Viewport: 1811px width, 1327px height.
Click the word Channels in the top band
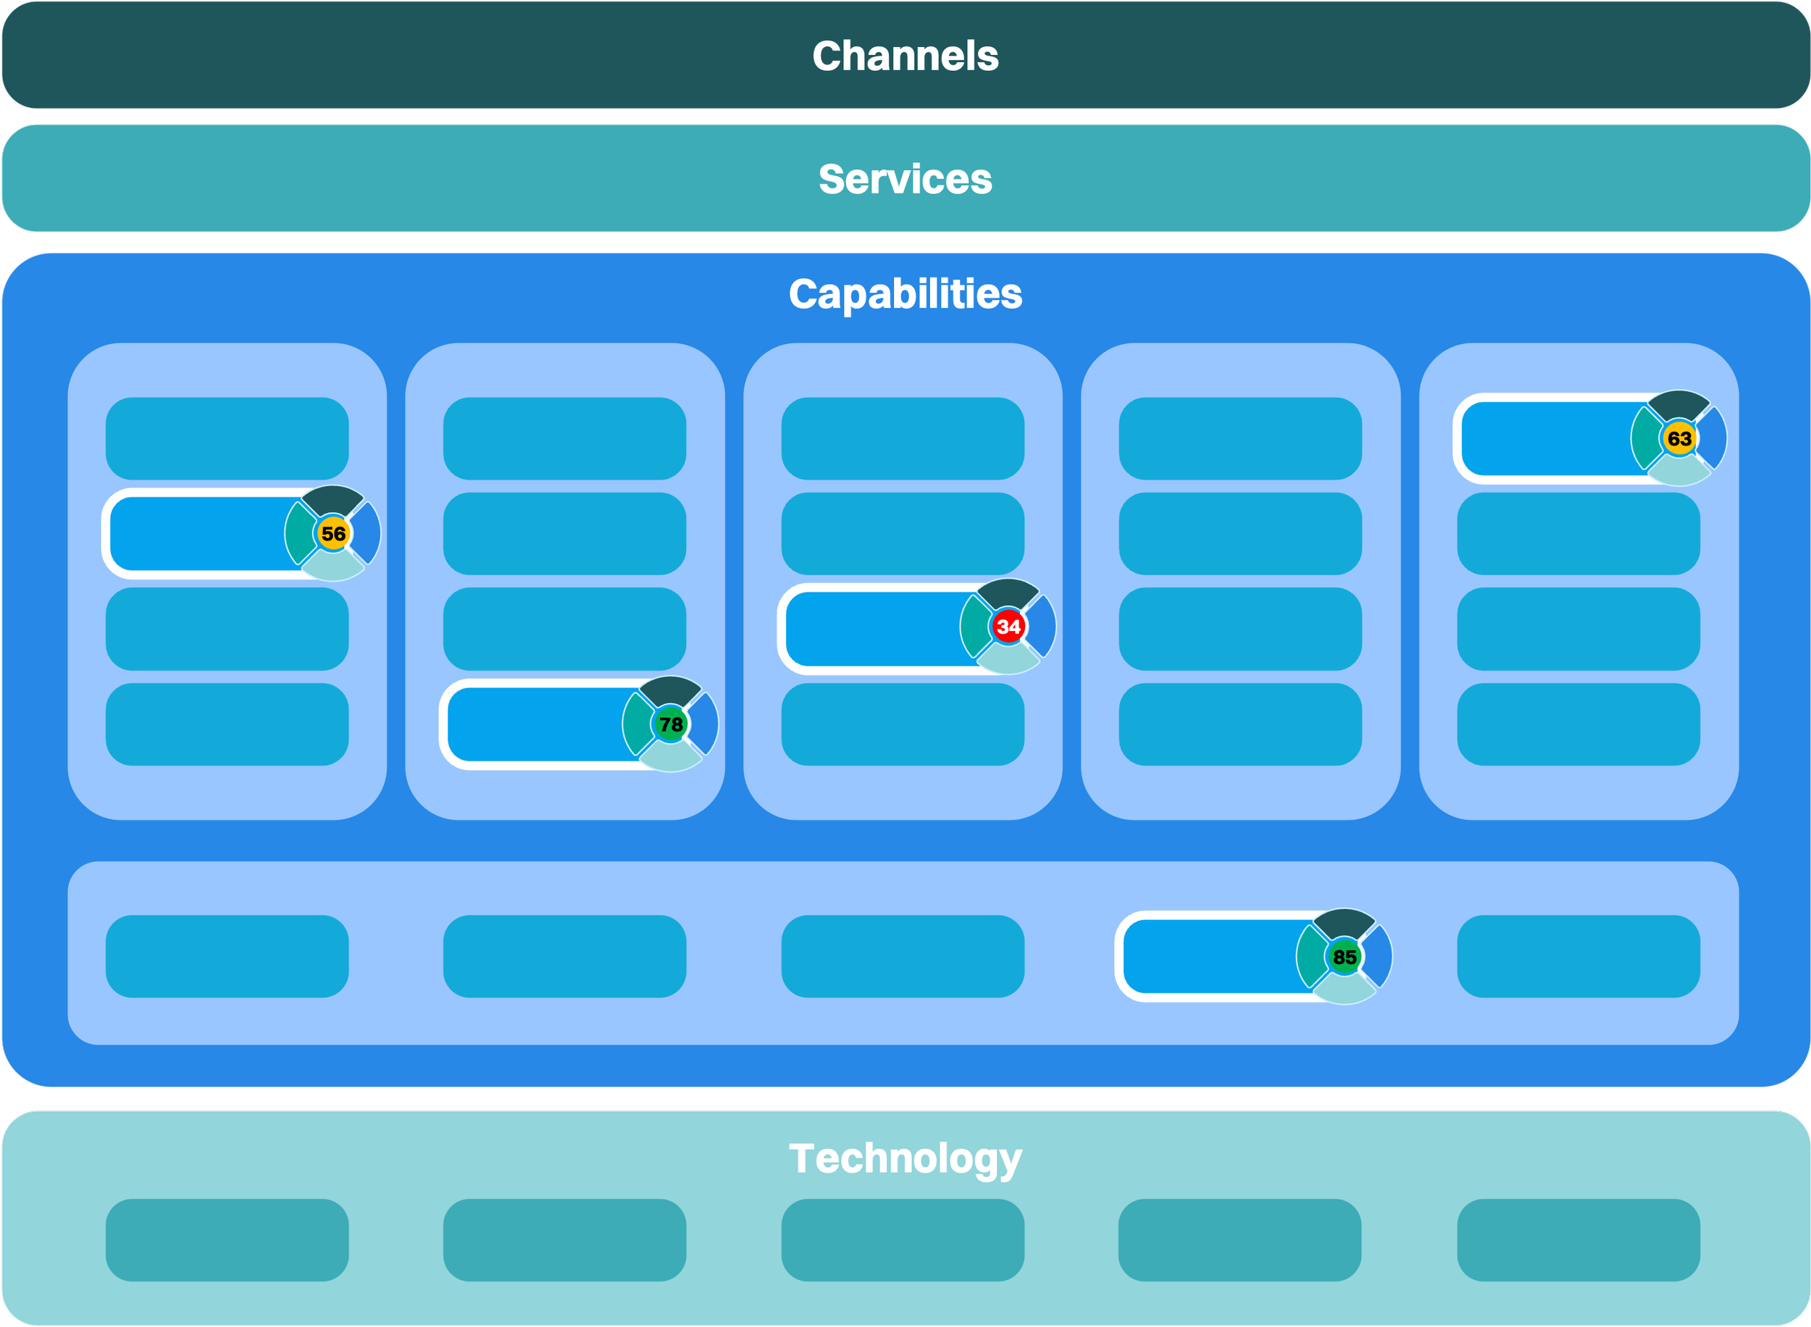coord(905,56)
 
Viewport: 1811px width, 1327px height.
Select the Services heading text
coord(905,179)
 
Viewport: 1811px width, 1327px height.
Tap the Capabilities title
coord(905,294)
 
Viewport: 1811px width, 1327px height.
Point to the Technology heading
coord(905,1158)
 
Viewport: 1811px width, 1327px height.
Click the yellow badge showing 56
coord(332,533)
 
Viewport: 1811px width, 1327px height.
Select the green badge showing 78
coord(671,724)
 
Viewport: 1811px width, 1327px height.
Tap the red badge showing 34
coord(1008,627)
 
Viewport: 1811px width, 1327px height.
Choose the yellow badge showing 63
coord(1678,438)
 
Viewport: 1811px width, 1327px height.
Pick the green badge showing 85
coord(1344,957)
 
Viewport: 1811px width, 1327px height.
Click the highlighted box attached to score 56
coord(201,533)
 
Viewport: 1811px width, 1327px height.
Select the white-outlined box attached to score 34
coord(875,628)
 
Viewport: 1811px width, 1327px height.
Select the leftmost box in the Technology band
coord(227,1239)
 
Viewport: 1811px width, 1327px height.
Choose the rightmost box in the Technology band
coord(1578,1239)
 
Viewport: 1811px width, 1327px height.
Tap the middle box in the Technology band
coord(903,1239)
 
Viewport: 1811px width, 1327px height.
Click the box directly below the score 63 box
coord(1578,533)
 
